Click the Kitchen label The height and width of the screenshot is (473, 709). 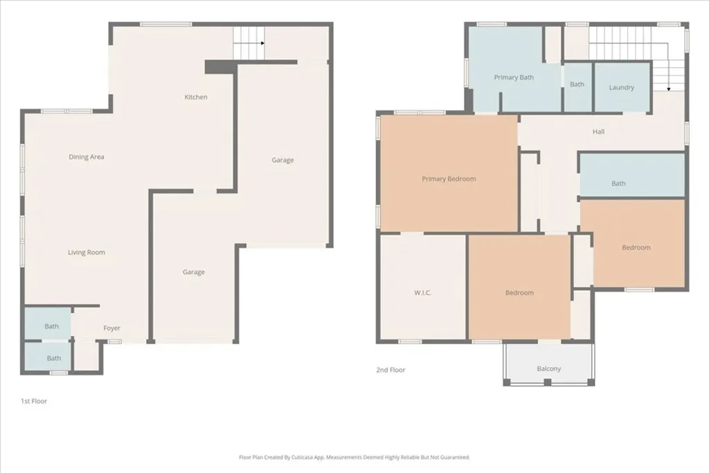tap(195, 97)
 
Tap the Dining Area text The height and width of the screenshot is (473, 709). tap(87, 157)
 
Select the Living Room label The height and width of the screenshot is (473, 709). tap(87, 252)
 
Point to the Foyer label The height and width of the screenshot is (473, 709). tap(112, 328)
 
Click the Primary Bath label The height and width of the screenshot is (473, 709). tap(514, 78)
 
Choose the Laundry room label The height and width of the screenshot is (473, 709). tap(621, 87)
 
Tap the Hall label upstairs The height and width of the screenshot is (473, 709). tap(598, 131)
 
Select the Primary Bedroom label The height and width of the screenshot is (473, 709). tap(449, 179)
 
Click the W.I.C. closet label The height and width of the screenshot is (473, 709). tap(422, 293)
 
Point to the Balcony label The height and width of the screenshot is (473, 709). tap(548, 368)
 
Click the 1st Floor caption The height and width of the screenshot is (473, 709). tap(34, 401)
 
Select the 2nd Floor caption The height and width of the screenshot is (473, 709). tap(391, 370)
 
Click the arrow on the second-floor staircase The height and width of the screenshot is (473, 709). tap(668, 89)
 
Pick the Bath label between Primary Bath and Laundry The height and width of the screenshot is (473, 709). tap(577, 84)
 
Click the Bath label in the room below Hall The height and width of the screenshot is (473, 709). tap(618, 184)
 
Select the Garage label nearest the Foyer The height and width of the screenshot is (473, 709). tap(193, 272)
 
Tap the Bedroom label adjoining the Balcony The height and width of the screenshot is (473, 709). tap(519, 293)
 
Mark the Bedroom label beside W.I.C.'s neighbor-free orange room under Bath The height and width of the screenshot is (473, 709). tap(636, 247)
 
